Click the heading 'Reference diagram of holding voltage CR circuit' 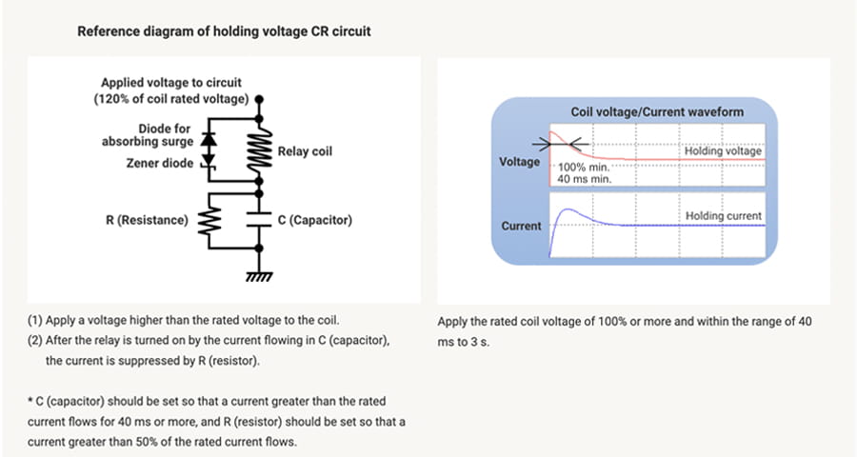224,31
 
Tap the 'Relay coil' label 305,151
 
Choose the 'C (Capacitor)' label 315,221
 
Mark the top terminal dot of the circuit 260,98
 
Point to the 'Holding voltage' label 723,151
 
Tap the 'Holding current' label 724,217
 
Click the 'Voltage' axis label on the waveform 520,162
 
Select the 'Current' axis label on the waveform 521,227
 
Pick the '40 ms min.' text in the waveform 584,178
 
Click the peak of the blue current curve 568,209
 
